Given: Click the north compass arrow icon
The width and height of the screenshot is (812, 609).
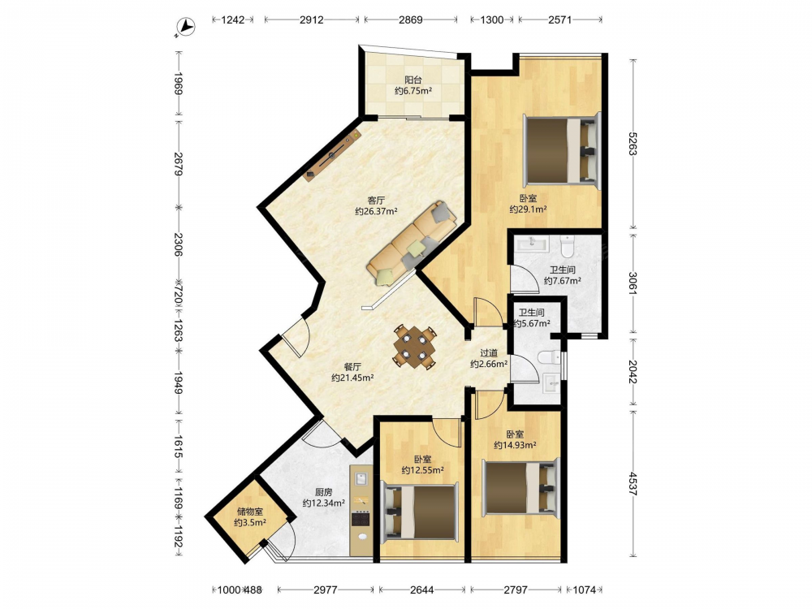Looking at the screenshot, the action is click(185, 27).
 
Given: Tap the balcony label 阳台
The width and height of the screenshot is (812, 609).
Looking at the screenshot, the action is click(412, 80).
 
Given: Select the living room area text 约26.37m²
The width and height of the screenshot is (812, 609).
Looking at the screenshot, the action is click(376, 211).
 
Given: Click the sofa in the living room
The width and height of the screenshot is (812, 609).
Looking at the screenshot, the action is click(412, 242).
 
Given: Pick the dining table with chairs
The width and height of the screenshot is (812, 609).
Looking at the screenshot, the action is click(414, 347).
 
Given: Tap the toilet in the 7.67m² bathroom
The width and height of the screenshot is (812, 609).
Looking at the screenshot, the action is click(568, 247).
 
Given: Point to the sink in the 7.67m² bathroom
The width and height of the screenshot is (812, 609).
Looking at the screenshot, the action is click(531, 244).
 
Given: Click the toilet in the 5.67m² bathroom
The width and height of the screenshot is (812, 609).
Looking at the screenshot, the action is click(548, 357).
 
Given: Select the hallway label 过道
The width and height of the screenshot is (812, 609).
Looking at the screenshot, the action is click(488, 353).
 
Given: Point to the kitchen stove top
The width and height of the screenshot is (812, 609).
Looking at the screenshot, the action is click(361, 518).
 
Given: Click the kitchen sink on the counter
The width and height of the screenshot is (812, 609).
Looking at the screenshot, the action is click(361, 478).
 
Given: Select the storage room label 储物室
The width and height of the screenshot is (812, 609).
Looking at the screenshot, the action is click(250, 512).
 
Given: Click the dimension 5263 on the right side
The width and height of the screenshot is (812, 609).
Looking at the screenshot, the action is click(633, 144).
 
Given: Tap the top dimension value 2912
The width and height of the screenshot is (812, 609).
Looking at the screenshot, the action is click(311, 19).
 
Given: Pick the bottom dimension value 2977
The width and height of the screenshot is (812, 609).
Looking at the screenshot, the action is click(326, 590).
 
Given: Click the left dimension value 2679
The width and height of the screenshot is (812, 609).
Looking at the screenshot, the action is click(178, 164).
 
